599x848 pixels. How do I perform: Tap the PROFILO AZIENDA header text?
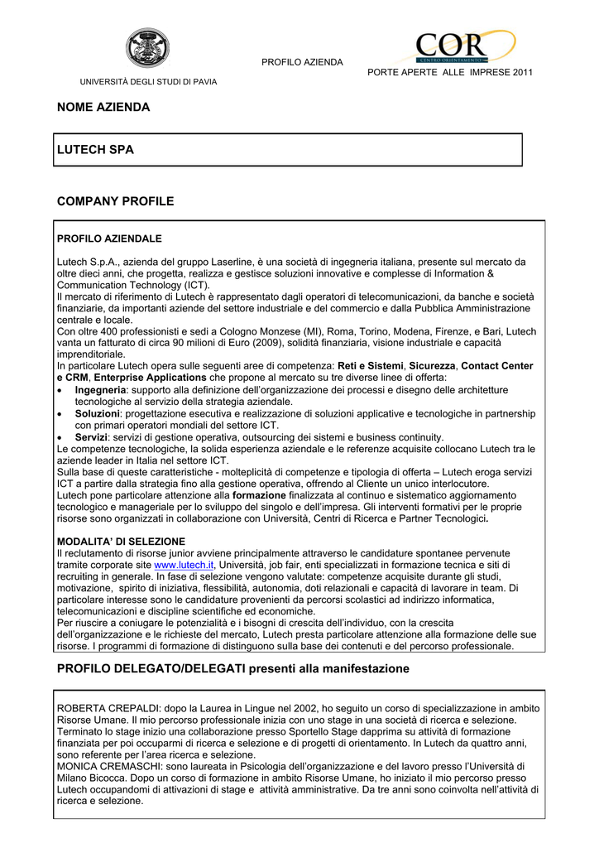302,63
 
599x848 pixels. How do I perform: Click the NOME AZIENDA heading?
103,108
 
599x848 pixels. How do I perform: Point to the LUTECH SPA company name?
95,150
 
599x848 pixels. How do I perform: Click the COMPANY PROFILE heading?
115,201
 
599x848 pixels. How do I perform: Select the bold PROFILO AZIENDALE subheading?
109,238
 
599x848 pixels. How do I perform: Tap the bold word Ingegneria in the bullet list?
100,389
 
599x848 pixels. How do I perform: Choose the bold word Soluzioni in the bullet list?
98,413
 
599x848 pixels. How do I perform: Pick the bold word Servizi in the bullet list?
92,437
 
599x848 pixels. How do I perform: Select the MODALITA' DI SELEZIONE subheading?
121,542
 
